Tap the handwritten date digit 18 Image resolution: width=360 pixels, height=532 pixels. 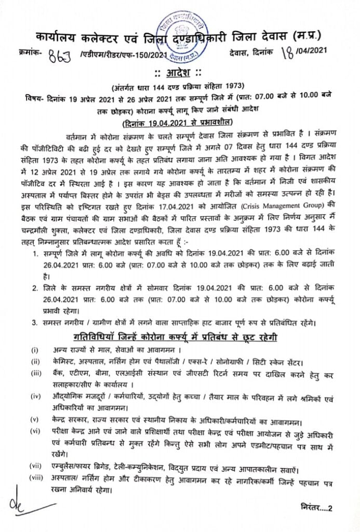285,51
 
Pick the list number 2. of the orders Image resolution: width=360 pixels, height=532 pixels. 35,288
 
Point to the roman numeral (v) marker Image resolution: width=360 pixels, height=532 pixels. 34,419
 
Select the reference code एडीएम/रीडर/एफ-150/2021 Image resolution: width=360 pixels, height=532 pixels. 121,54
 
